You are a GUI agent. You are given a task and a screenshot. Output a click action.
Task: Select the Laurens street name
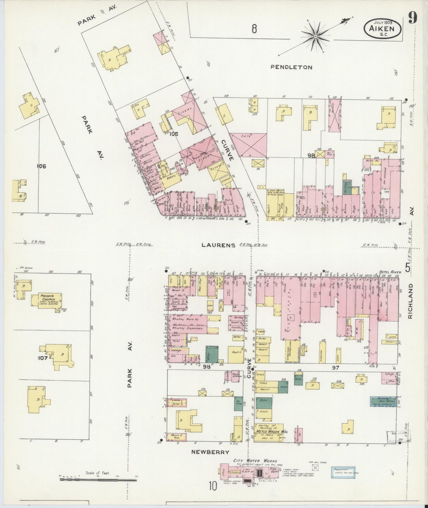click(x=218, y=245)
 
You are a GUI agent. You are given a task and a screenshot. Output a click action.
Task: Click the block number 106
click(x=41, y=166)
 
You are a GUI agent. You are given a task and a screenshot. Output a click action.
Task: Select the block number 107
click(x=43, y=358)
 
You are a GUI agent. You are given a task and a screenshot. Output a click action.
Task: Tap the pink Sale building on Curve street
click(x=248, y=144)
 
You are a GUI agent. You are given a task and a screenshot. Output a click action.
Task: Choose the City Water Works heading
click(x=255, y=461)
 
